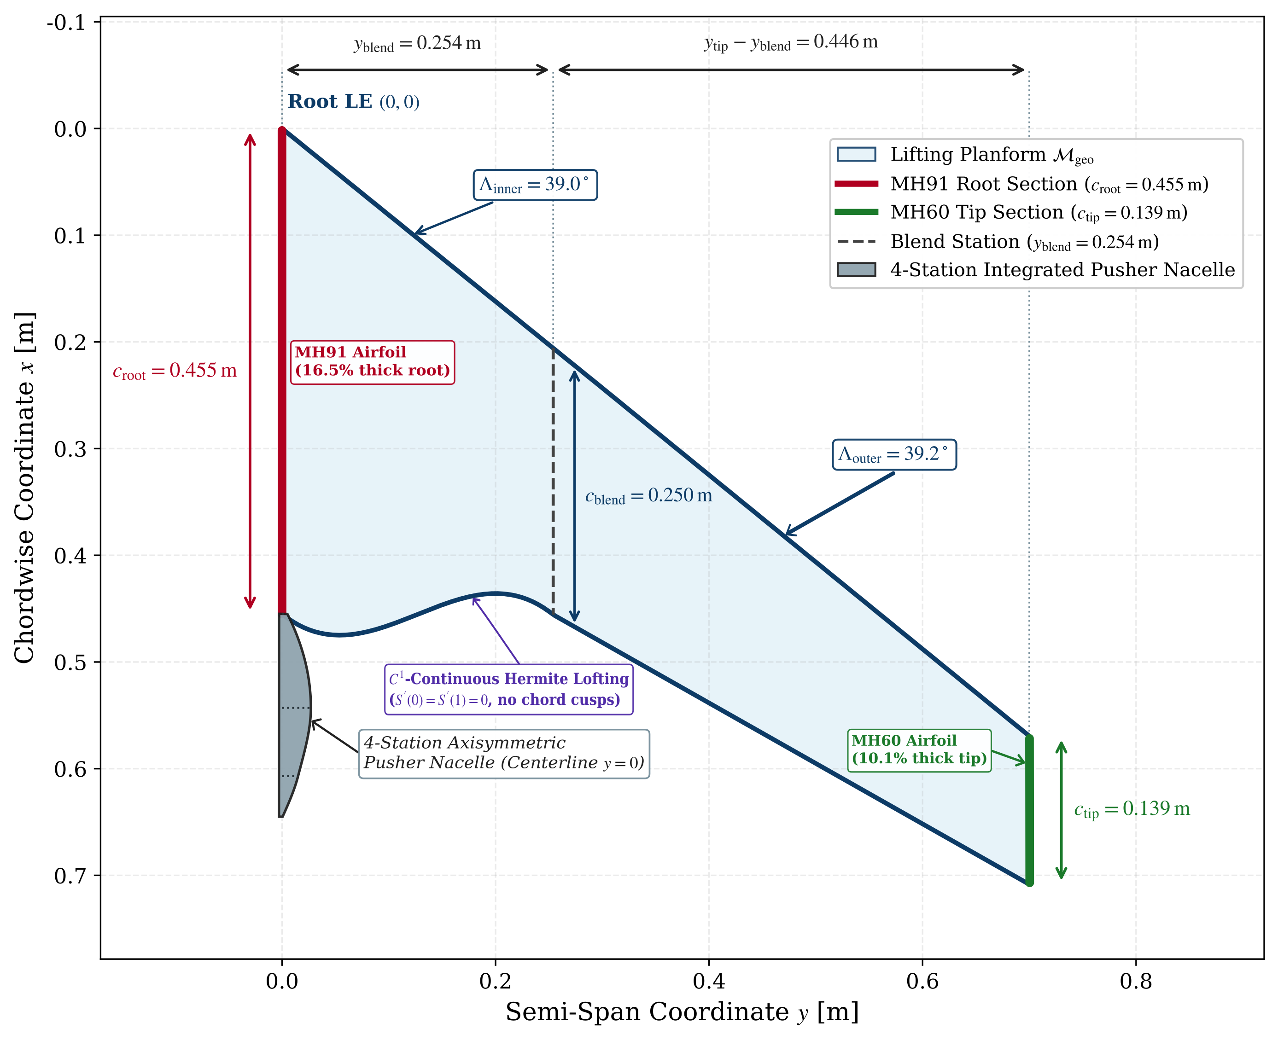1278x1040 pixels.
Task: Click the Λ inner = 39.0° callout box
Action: [535, 185]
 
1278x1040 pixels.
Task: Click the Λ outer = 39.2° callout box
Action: [894, 455]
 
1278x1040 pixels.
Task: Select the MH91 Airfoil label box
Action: [372, 362]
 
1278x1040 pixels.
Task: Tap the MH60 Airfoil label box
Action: [919, 750]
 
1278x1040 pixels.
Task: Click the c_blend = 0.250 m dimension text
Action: [649, 496]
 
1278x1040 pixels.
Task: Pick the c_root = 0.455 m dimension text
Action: [175, 372]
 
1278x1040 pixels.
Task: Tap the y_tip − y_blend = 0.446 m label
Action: [791, 42]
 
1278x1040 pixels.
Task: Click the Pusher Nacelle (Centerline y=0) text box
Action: [504, 754]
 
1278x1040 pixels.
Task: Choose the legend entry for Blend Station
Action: [998, 242]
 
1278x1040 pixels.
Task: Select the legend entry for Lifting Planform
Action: [965, 155]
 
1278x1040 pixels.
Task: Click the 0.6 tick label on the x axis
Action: [922, 981]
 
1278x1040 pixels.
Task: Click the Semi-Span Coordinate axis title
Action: [682, 1012]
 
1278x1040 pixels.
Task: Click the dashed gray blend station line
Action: [553, 481]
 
